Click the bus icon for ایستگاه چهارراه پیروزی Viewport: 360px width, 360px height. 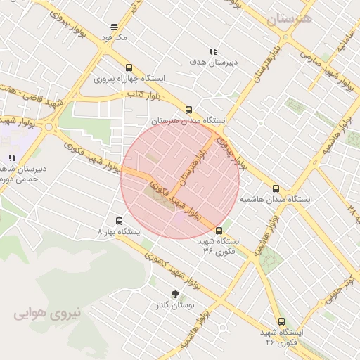[129, 67]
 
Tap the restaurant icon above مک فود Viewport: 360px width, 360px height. [113, 27]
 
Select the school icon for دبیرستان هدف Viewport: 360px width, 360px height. [213, 51]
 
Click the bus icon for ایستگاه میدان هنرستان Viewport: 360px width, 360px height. [188, 110]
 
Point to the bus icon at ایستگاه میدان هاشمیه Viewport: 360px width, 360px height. [276, 188]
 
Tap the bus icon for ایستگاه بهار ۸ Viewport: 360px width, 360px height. [119, 220]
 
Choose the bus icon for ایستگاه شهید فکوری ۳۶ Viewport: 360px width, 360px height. [219, 231]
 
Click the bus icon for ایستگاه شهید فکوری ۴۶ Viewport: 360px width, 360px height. [281, 321]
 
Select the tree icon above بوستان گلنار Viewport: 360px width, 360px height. [175, 294]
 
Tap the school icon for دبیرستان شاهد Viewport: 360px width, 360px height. [11, 158]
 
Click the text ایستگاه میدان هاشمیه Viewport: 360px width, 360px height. [276, 199]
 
